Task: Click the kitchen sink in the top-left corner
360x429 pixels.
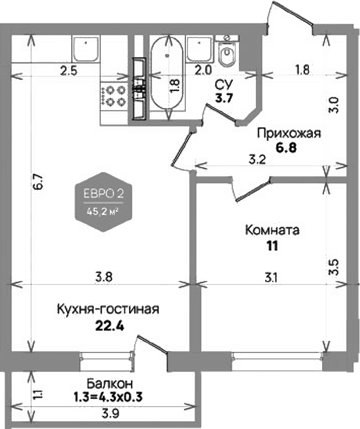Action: (86, 49)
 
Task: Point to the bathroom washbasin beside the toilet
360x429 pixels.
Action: (198, 48)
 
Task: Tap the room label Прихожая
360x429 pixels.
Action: (289, 134)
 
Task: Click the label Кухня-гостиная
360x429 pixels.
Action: (108, 308)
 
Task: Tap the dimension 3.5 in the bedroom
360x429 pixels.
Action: (334, 268)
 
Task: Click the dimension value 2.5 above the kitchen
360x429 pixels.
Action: (69, 71)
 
